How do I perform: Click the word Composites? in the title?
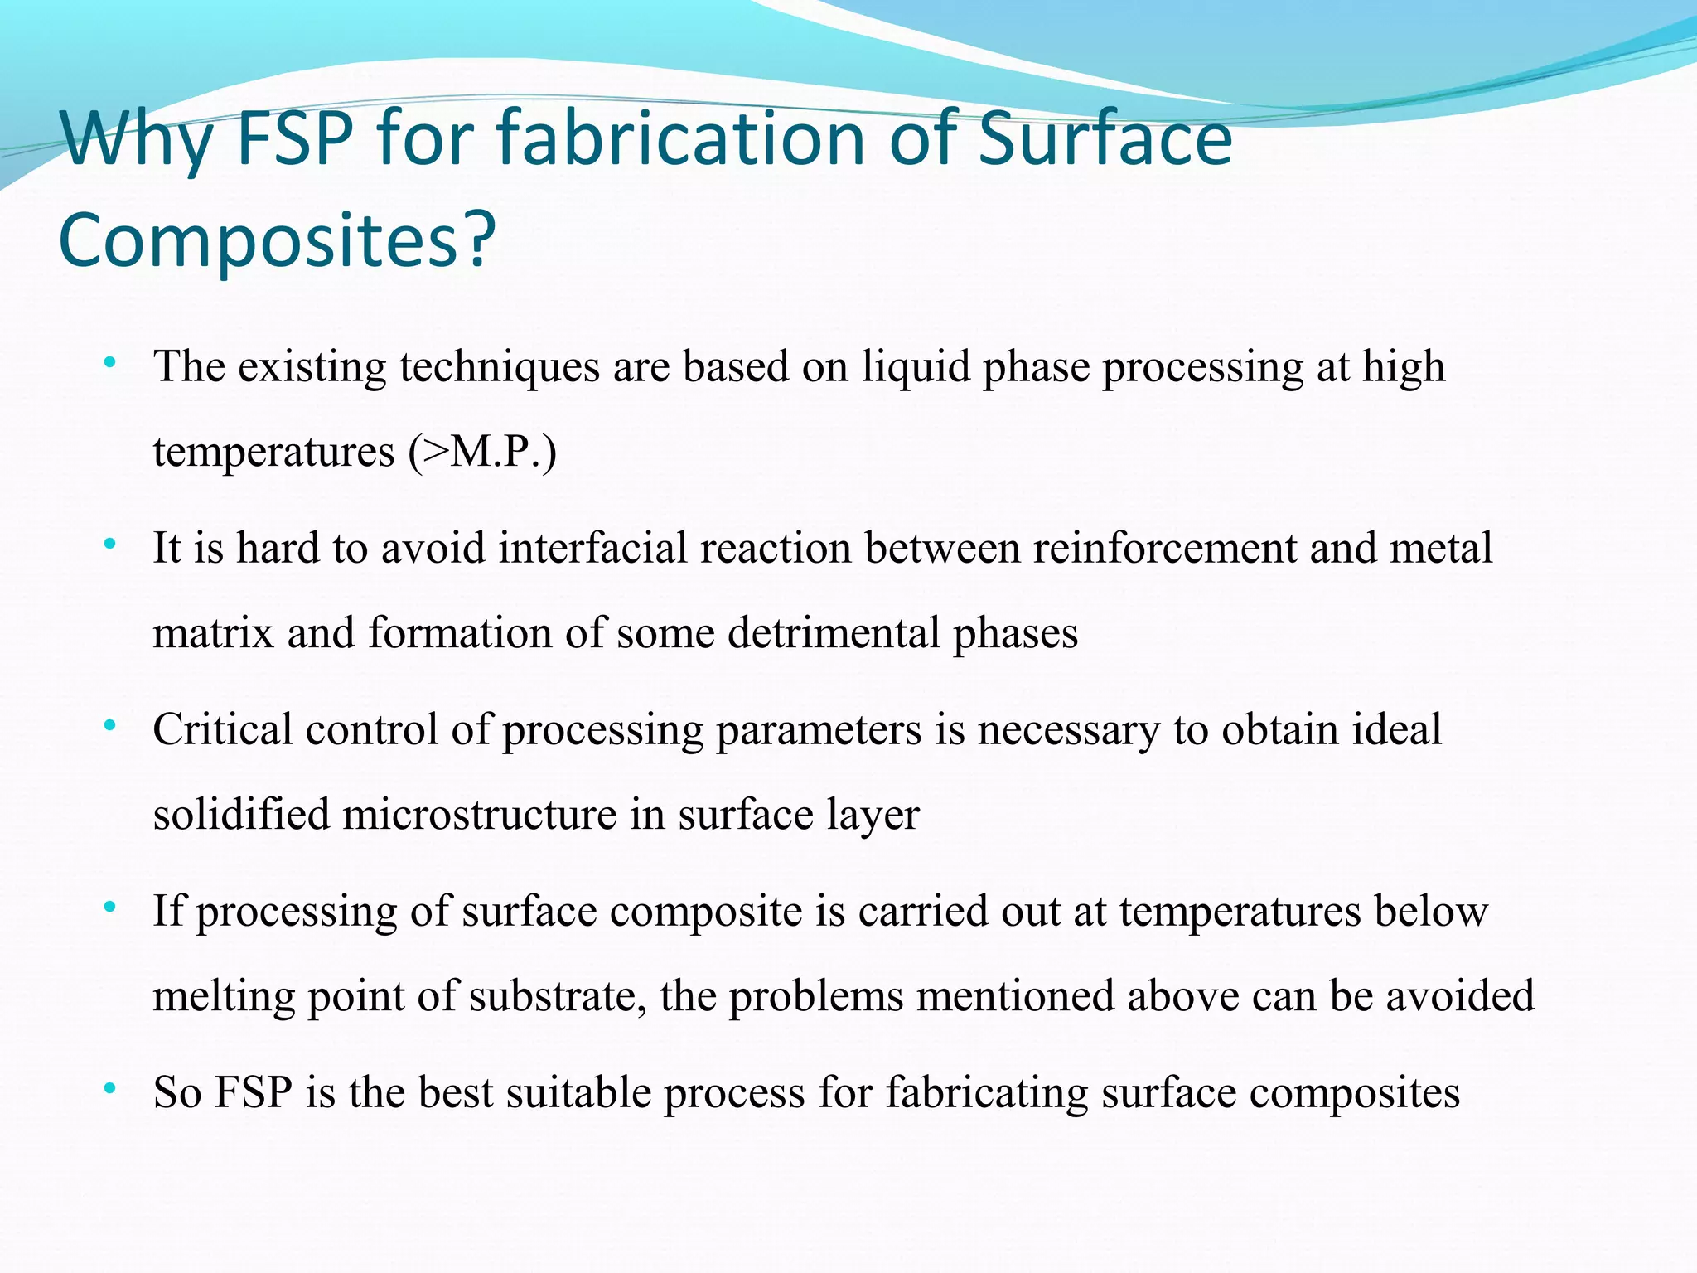[277, 240]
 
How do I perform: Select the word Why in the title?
[137, 141]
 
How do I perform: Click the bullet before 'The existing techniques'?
[109, 362]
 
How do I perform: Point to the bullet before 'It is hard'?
[109, 545]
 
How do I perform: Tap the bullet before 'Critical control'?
[109, 726]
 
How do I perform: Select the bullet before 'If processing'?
[109, 908]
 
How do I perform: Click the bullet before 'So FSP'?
[109, 1089]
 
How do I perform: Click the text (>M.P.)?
[481, 452]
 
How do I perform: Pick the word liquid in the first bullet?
[915, 366]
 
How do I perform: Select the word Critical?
[222, 730]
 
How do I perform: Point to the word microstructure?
[480, 815]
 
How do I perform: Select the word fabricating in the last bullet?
[988, 1093]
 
